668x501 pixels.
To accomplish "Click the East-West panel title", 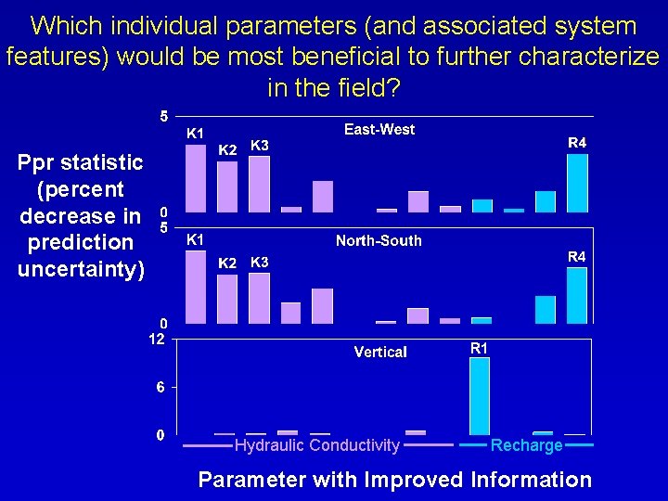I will [379, 130].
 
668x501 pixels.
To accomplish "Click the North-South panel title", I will [379, 241].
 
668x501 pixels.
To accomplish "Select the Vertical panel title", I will [379, 352].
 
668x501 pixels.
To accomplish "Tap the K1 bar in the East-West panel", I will [196, 178].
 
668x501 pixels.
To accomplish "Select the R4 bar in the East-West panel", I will [577, 183].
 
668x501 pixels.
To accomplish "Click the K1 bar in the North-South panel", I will [196, 287].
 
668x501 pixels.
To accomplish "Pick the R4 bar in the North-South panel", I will [577, 295].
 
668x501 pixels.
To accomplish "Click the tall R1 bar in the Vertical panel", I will [479, 395].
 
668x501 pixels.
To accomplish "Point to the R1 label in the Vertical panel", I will [479, 349].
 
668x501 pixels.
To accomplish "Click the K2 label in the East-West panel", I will [227, 149].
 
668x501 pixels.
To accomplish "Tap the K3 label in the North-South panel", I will [260, 263].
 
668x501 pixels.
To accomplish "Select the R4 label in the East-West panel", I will [577, 143].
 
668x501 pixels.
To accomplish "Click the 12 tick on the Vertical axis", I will [158, 340].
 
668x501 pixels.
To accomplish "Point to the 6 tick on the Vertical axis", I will [160, 387].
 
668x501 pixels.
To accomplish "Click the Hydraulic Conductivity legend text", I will [317, 446].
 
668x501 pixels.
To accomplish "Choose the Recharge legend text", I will [526, 446].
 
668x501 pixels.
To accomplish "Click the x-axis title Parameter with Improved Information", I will [394, 480].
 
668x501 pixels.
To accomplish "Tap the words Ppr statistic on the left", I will [81, 163].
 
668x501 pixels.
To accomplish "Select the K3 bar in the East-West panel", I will [259, 184].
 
